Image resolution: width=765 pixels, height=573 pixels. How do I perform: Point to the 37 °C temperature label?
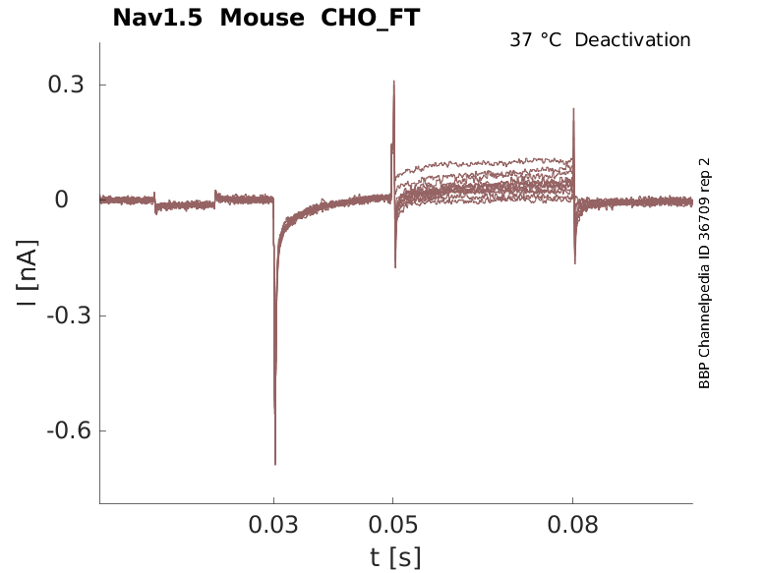coord(537,40)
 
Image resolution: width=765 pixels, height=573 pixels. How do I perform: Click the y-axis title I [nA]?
coord(29,272)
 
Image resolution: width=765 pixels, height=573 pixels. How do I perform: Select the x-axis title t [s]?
coord(395,557)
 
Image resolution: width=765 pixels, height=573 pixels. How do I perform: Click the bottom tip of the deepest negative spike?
coord(275,464)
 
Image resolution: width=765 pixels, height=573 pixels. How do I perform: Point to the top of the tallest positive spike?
coord(394,82)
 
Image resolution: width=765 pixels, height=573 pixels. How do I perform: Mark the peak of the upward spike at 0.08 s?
coord(573,109)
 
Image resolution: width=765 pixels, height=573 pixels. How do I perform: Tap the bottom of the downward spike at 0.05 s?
coord(395,267)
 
